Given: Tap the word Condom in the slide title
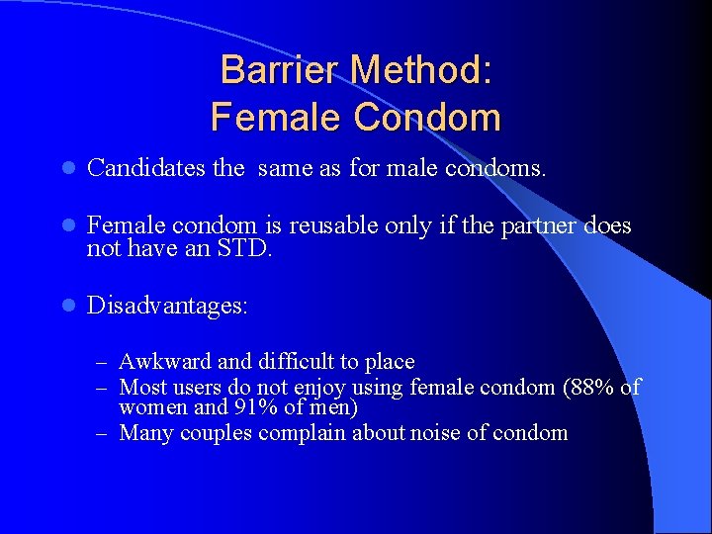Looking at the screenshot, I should click(427, 118).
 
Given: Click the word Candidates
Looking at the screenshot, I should click(146, 168).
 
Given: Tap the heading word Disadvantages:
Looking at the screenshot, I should click(167, 306).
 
